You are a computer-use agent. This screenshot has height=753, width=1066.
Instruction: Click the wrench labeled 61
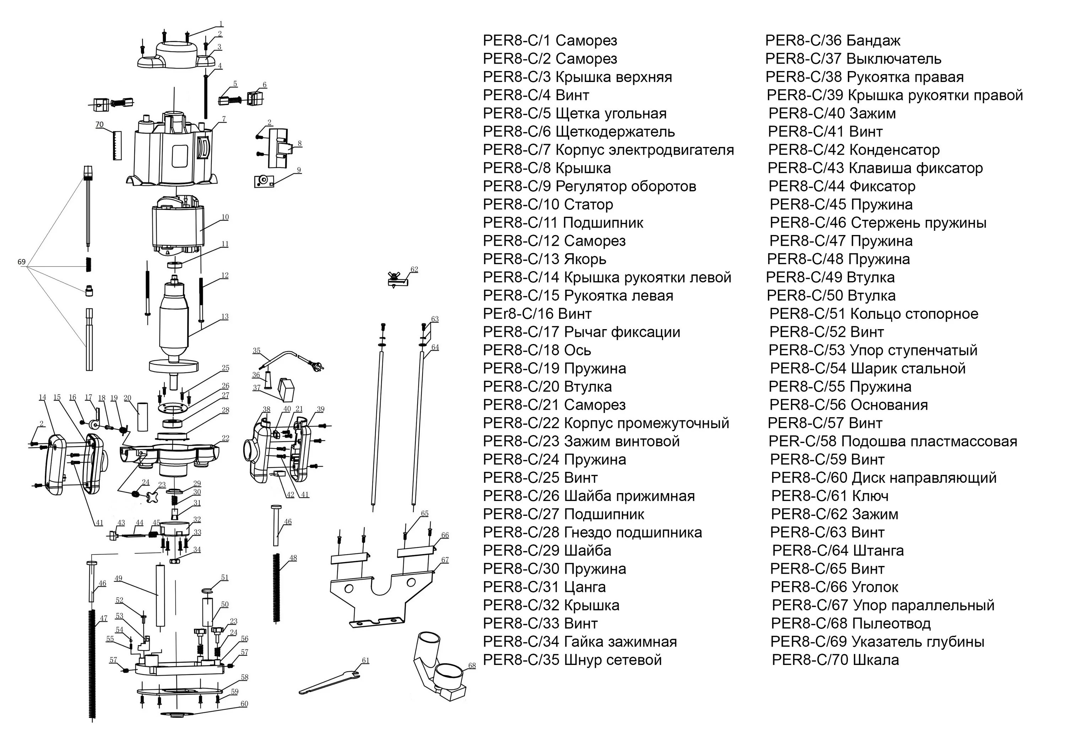[329, 682]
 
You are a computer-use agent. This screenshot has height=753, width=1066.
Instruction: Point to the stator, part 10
[178, 227]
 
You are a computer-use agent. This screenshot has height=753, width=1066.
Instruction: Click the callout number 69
[21, 262]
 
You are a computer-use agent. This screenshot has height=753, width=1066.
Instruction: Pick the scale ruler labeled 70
[117, 146]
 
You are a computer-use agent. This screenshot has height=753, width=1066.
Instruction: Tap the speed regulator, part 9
[264, 181]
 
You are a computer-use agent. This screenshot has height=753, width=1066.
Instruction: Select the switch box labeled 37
[286, 389]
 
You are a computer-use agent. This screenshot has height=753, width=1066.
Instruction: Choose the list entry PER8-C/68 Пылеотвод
[851, 623]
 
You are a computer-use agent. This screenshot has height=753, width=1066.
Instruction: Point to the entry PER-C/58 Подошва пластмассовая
[892, 441]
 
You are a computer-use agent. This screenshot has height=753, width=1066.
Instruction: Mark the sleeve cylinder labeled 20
[142, 416]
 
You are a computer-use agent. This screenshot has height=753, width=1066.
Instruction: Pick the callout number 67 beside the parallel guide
[445, 560]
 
